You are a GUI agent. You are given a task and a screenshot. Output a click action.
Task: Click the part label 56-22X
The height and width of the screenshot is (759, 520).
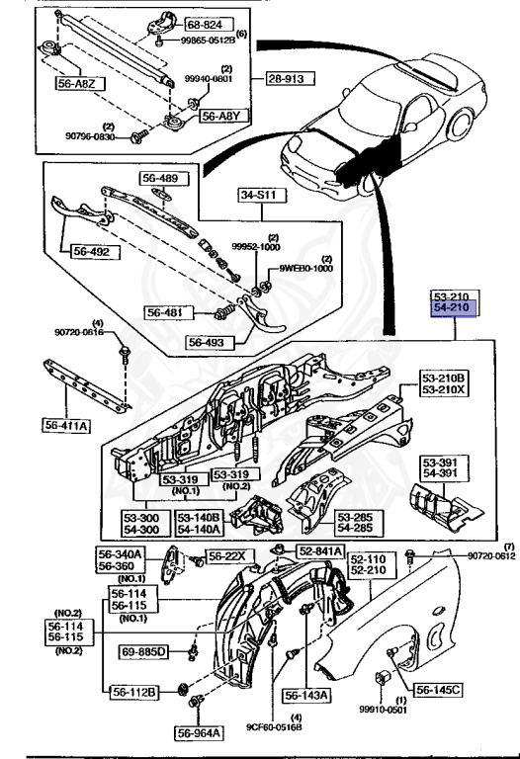[x=226, y=556]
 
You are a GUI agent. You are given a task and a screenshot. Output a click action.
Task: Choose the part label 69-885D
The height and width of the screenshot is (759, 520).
[x=146, y=653]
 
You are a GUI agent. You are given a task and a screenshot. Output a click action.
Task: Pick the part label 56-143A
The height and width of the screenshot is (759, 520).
[x=309, y=696]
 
